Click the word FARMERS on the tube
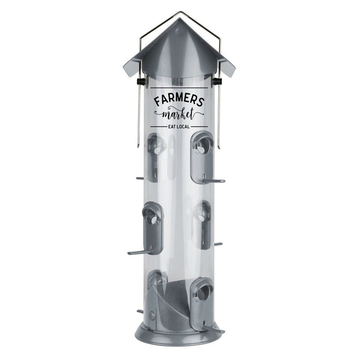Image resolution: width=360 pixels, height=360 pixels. [179, 100]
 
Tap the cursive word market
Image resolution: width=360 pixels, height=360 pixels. [179, 113]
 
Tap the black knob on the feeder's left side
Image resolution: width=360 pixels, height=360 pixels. [140, 81]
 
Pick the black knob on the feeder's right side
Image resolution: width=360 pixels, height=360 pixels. [218, 81]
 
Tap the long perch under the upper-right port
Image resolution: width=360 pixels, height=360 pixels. [214, 181]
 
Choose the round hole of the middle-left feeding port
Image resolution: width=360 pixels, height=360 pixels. [153, 220]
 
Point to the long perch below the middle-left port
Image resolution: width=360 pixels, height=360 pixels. [139, 252]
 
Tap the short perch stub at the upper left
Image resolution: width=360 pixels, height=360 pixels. [140, 178]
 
